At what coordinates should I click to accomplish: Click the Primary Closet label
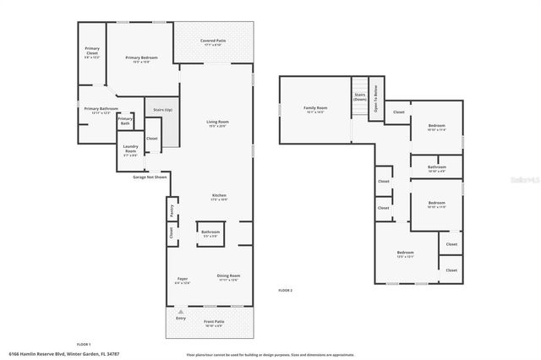pyautogui.click(x=92, y=53)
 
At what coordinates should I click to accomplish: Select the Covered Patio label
pyautogui.click(x=212, y=42)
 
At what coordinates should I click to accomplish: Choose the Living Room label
pyautogui.click(x=218, y=123)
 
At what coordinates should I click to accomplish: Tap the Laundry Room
pyautogui.click(x=130, y=152)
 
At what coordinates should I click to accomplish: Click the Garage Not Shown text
pyautogui.click(x=150, y=177)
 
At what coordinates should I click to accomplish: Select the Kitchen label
pyautogui.click(x=219, y=197)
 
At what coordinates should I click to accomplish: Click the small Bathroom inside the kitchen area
pyautogui.click(x=210, y=233)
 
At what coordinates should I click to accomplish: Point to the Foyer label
pyautogui.click(x=182, y=280)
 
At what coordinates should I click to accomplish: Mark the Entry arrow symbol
pyautogui.click(x=179, y=312)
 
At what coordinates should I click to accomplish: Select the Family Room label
pyautogui.click(x=315, y=109)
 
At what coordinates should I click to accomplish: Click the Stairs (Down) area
pyautogui.click(x=359, y=98)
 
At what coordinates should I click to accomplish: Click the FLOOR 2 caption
pyautogui.click(x=285, y=291)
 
